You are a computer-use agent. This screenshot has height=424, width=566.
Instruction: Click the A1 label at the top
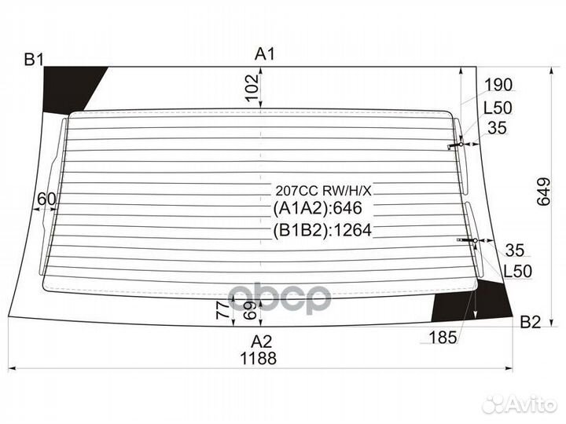[265, 55]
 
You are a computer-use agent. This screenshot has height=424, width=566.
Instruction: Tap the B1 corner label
[34, 60]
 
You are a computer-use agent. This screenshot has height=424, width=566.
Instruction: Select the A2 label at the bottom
[261, 341]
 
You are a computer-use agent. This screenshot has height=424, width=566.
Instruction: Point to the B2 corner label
[531, 322]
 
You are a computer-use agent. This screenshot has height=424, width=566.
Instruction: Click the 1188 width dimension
[259, 358]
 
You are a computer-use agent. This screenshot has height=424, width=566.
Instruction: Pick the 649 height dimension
[544, 192]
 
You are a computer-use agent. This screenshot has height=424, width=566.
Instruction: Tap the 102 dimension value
[252, 88]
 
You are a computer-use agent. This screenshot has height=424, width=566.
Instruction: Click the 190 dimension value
[498, 85]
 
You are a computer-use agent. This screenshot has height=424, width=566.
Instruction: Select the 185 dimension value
[443, 338]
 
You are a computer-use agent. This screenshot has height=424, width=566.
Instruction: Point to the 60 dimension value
[47, 199]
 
